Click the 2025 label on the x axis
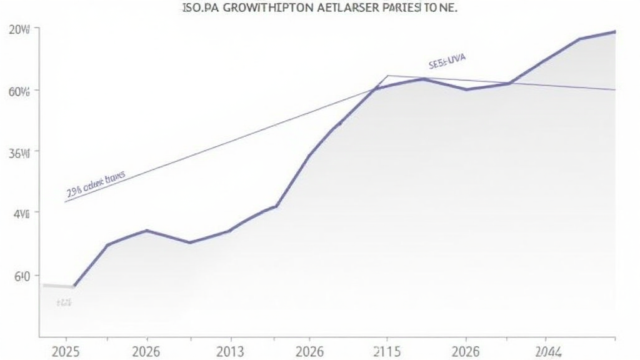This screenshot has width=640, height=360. (x=66, y=351)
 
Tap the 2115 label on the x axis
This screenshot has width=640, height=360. (x=386, y=351)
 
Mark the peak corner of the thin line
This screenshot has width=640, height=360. (x=387, y=76)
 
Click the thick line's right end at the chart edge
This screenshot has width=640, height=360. (x=615, y=31)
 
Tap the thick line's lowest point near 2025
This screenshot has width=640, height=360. (x=74, y=286)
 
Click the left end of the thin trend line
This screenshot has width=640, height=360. (x=65, y=202)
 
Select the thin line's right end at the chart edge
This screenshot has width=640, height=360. (x=615, y=89)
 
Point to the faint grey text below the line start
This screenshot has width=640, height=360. (x=64, y=302)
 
